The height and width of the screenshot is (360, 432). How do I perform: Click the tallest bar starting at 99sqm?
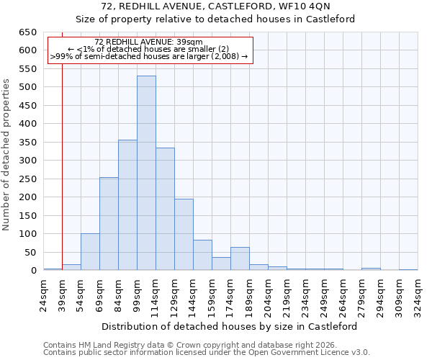pos(146,173)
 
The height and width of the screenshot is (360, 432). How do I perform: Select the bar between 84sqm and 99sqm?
pos(127,205)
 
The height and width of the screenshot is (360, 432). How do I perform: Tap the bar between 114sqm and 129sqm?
pos(165,209)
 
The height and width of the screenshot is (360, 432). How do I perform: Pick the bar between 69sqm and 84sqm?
pos(109,223)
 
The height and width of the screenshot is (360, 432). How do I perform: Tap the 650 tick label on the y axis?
pos(27,32)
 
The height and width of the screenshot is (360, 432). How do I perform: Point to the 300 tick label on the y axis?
pos(27,161)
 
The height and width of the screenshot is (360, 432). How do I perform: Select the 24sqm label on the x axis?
pos(44,294)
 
